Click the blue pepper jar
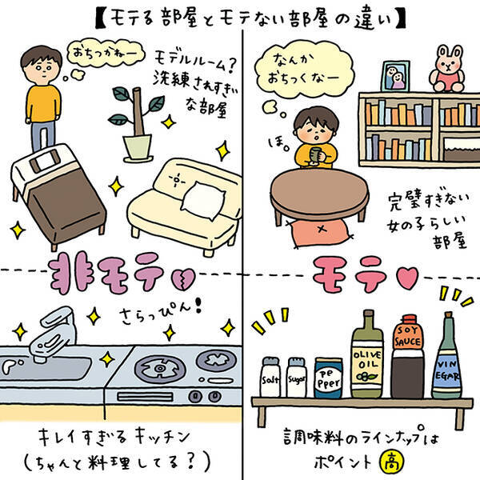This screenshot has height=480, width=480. (x=328, y=378)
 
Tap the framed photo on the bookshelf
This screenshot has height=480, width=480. (x=395, y=76)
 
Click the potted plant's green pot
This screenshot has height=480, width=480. (x=137, y=147)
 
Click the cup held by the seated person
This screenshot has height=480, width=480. (x=317, y=154)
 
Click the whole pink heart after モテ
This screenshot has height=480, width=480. (x=407, y=278)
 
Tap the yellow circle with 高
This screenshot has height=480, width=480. (x=392, y=462)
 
